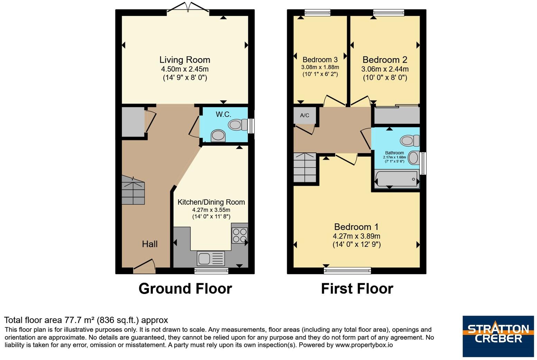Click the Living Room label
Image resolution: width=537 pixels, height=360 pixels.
[x=185, y=60]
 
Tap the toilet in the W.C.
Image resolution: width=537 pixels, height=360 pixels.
[x=238, y=124]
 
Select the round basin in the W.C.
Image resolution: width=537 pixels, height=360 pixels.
[x=218, y=136]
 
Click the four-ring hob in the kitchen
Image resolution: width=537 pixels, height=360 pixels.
[x=240, y=236]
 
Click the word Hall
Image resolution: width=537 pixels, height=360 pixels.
[x=150, y=244]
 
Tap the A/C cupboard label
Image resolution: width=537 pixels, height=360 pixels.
[x=304, y=115]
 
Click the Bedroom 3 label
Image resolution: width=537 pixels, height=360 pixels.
[x=320, y=59]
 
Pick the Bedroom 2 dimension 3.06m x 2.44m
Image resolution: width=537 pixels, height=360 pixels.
[x=385, y=69]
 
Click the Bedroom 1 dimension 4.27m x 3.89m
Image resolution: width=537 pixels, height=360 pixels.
[x=356, y=236]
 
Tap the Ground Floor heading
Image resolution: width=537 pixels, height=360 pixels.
[x=185, y=288]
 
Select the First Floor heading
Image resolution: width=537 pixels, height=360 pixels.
[x=357, y=288]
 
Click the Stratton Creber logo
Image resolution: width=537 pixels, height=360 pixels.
[x=498, y=336]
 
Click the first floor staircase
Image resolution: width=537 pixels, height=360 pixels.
[x=305, y=167]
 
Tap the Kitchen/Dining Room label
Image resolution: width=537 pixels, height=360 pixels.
[x=211, y=202]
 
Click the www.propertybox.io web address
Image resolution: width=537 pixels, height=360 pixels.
[x=364, y=345]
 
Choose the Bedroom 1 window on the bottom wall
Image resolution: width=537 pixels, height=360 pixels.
[x=348, y=270]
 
